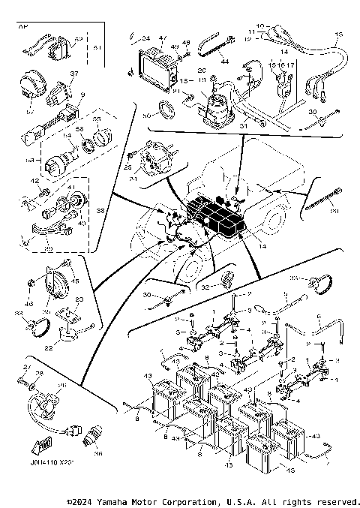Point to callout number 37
coord(73,74)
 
